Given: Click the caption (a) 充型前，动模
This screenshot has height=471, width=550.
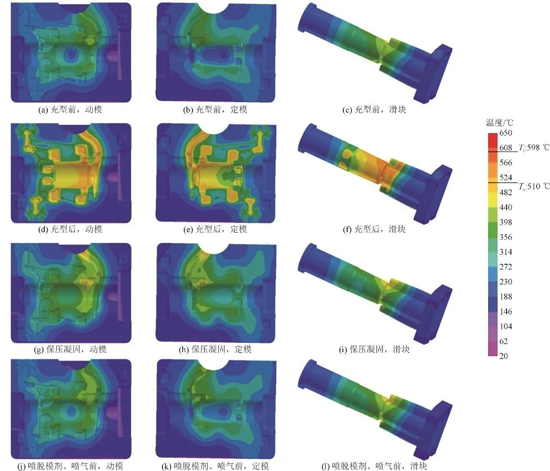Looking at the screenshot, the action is tap(70, 109).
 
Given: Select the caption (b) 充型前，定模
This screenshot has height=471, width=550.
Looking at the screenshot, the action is tap(215, 109).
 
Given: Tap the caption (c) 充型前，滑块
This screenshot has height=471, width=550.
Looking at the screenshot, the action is tap(374, 109).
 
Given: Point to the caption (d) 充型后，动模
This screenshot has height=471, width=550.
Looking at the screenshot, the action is tap(70, 229).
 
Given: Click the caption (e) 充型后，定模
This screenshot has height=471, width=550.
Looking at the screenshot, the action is tap(215, 229).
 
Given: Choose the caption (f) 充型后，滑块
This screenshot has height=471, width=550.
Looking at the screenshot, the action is tap(374, 229).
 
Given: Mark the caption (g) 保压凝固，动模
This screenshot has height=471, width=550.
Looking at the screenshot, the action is tap(70, 349).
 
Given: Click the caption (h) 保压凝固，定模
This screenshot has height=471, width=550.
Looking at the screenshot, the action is tap(215, 349).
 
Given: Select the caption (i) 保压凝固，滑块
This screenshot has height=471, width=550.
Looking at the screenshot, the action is tap(374, 349).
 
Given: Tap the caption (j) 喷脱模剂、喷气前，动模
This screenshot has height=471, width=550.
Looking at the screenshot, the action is tap(70, 466).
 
